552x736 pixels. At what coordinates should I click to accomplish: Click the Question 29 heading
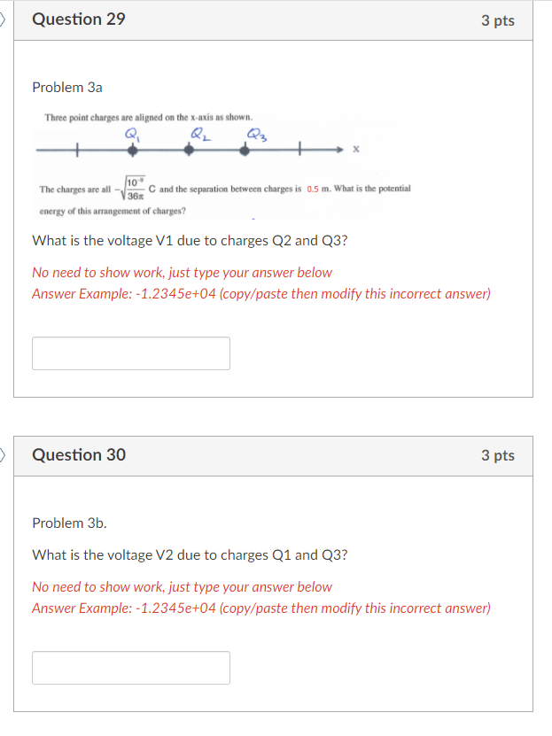pos(79,19)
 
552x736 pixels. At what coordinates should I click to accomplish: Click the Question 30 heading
pos(79,455)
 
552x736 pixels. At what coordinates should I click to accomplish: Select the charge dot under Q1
pos(134,151)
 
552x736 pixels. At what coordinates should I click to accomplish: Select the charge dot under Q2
pos(189,151)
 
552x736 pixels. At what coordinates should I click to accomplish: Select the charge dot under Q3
pos(245,151)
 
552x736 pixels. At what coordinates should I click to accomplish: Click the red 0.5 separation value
pos(313,190)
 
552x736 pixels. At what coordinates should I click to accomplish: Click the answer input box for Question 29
pos(131,353)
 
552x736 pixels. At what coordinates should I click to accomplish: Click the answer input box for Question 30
pos(131,668)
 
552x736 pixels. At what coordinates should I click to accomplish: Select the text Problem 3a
pos(67,88)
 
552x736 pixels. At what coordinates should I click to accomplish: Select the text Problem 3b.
pos(69,523)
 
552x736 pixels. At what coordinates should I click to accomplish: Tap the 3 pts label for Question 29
pos(498,20)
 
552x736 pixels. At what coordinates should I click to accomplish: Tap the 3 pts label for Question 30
pos(498,455)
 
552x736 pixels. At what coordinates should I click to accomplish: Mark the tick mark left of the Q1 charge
pos(77,151)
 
